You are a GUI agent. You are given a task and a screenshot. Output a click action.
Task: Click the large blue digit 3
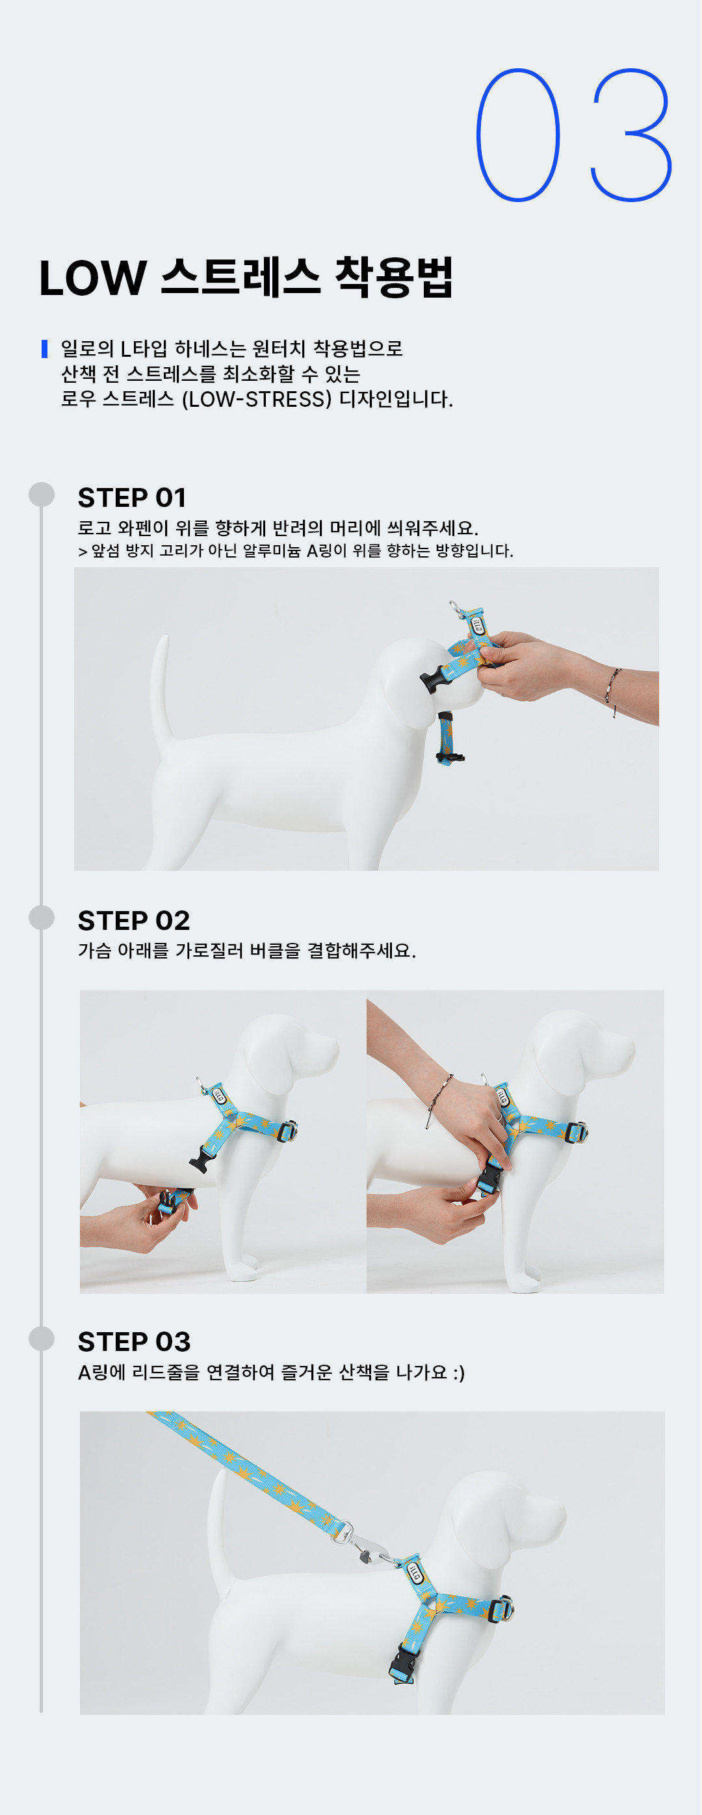tap(632, 135)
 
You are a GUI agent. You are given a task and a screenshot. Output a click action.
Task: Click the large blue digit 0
tap(518, 135)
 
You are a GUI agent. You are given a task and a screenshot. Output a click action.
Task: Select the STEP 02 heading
tap(134, 921)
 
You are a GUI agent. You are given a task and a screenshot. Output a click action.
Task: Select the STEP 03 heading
tap(134, 1342)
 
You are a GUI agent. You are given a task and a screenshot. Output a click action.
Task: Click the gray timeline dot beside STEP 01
tap(42, 495)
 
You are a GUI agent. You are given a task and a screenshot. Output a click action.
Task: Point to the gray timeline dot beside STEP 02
tap(42, 918)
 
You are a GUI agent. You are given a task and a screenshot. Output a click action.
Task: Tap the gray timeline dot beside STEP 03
tap(42, 1339)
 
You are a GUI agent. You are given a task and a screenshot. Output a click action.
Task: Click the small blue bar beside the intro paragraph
tap(44, 349)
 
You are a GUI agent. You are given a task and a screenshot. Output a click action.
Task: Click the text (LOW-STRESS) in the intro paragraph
tap(257, 400)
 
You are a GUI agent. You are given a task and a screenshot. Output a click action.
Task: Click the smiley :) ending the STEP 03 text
tap(459, 1372)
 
